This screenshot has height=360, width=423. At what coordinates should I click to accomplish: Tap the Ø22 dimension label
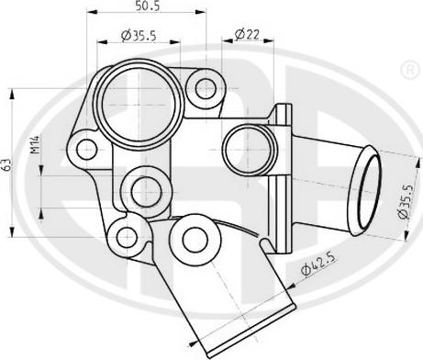245,35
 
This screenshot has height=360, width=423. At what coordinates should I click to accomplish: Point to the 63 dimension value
6,164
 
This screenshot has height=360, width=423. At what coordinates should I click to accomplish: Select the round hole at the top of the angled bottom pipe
194,238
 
